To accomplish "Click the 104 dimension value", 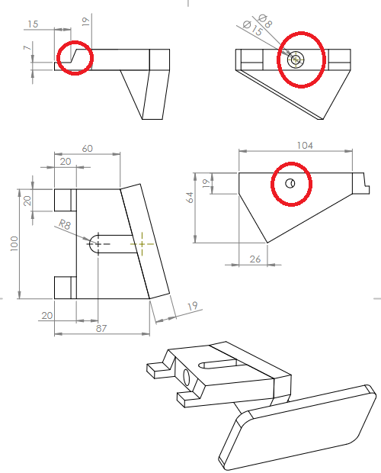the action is tap(305, 146).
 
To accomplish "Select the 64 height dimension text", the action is tap(190, 198).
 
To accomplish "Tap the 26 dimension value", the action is tap(255, 259).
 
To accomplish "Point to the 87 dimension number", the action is tap(101, 328).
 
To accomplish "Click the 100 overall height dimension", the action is tap(14, 243).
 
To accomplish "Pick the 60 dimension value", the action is tap(87, 149).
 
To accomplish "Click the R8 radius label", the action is tap(64, 224).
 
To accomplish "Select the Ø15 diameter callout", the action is tap(252, 28).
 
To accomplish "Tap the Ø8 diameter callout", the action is tap(265, 21).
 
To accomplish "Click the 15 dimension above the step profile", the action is tap(33, 24).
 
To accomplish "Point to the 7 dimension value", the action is tap(27, 47).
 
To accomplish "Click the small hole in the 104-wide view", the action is tap(290, 183).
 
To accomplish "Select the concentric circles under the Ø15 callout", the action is tap(296, 60).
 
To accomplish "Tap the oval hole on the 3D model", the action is tap(187, 378).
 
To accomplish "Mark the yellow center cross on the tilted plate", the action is tap(142, 243).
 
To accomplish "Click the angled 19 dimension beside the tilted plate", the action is tap(193, 306).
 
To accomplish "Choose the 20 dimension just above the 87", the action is tap(47, 316).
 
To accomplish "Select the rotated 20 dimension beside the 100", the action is tap(27, 201).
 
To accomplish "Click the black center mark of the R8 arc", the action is tap(98, 243).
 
